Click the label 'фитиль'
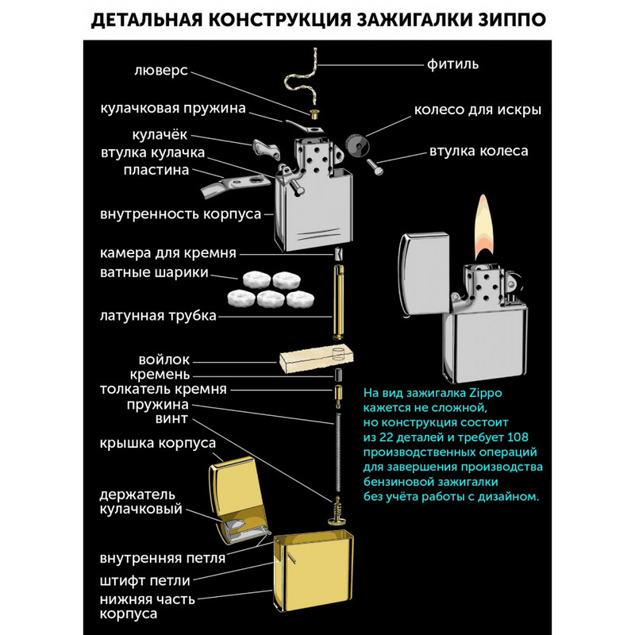click(452, 64)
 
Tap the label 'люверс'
click(161, 70)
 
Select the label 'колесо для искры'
click(478, 109)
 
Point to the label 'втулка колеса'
click(479, 150)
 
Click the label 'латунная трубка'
click(158, 316)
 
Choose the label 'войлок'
click(164, 360)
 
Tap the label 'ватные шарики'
click(155, 273)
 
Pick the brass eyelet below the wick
click(314, 114)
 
